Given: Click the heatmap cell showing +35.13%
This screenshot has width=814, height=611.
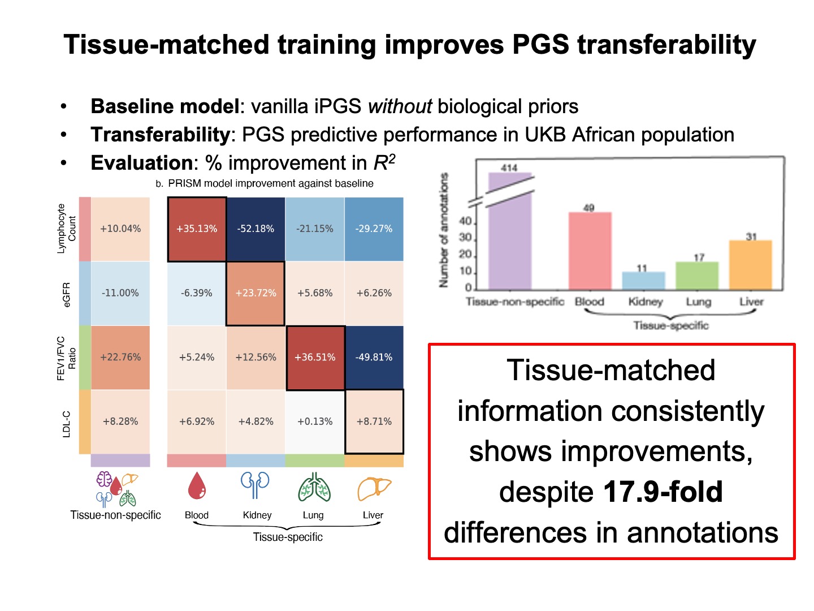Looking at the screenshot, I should coord(197,229).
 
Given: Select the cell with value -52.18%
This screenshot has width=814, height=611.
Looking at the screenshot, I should coord(256,229).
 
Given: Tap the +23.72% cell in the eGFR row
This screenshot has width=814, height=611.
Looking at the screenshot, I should coord(256,293).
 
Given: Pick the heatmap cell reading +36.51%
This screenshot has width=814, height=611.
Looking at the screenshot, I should coord(315,358).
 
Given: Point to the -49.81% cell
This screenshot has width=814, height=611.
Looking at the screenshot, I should coord(374,358).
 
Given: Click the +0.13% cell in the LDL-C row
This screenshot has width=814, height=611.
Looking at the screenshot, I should coord(315,421).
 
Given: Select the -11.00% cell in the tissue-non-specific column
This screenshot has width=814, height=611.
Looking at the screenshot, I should coord(120,293).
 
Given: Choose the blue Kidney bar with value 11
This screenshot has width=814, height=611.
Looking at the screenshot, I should coord(643,281).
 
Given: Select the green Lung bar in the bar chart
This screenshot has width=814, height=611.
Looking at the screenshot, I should coord(697,276).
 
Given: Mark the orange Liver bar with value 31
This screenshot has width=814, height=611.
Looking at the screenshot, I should coord(750,265).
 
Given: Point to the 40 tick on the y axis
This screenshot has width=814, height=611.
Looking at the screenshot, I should coord(465,221).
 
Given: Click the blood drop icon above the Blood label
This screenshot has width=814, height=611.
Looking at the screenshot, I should coord(197,487).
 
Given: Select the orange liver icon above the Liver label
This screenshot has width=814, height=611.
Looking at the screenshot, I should coord(374,488).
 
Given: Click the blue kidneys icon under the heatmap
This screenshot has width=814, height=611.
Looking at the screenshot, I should coord(256,485).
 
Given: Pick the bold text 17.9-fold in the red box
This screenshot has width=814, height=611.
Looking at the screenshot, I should coord(663,492).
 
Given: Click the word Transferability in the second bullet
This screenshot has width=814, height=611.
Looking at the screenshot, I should coord(160,135).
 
